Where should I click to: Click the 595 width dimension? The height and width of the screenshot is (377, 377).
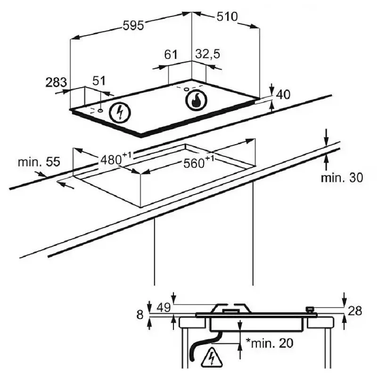pos(133,25)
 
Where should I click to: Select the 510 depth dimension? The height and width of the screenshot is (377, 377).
pos(227,16)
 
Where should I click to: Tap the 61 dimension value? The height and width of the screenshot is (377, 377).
pos(171,55)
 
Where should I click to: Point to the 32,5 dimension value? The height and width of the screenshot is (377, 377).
pos(207,54)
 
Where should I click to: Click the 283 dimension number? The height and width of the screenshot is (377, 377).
pos(56,82)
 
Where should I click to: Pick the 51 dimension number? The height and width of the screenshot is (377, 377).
pos(99,81)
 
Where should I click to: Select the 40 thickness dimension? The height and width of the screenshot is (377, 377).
pos(283,95)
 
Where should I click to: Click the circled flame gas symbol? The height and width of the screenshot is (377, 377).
pos(196,100)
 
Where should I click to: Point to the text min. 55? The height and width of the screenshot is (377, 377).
pos(39,162)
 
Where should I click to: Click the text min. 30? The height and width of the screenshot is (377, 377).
pos(342,178)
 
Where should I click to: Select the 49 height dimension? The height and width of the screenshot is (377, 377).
pos(164,308)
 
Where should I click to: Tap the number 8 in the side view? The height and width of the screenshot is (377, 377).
pos(140,315)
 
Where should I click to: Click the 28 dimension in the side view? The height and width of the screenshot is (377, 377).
pos(355,311)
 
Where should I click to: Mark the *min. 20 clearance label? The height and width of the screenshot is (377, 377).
pos(270,343)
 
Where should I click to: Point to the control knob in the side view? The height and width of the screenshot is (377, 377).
pos(310,310)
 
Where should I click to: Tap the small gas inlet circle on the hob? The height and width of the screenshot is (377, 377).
pos(186,90)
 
